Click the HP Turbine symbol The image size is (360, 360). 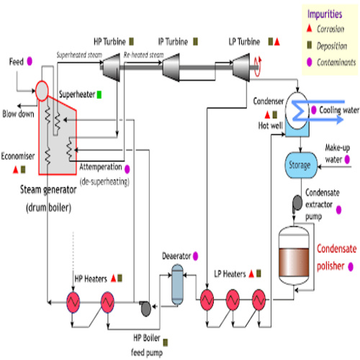coord(111,68)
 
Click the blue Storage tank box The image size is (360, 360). coord(300,165)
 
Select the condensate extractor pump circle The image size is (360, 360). coord(297,204)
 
